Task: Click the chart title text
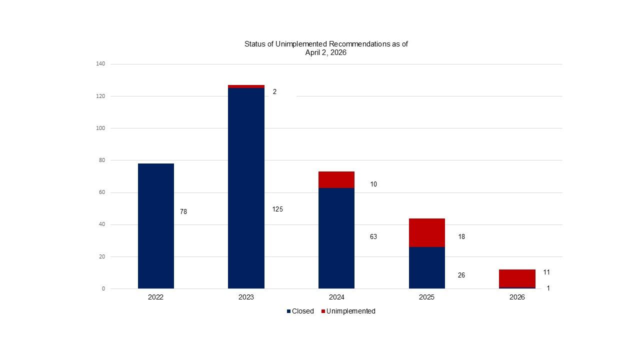pos(326,48)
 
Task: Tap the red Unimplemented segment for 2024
pos(336,180)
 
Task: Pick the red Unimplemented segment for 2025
pos(427,232)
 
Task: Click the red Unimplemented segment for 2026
pos(517,278)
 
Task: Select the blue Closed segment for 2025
pos(427,267)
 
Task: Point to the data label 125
pos(277,209)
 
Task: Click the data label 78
pos(183,212)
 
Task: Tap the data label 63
pos(373,236)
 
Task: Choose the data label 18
pos(461,236)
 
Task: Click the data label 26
pos(461,275)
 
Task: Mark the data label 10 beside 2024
pos(373,184)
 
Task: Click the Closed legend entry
pos(300,311)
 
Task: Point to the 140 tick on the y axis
pos(100,64)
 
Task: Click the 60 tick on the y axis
pos(102,192)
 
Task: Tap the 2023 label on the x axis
pos(246,297)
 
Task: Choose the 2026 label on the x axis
pos(517,297)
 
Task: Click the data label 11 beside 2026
pos(546,272)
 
